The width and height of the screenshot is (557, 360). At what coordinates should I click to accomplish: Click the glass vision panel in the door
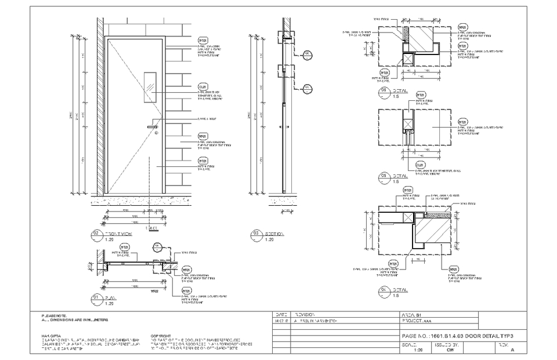[x=150, y=83]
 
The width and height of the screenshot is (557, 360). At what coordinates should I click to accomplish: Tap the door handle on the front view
[x=153, y=126]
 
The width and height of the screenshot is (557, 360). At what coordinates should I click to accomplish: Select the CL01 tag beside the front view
[x=203, y=86]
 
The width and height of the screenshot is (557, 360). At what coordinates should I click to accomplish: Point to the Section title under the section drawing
[x=274, y=234]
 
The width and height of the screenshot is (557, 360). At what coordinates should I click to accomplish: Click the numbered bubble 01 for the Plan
[x=96, y=298]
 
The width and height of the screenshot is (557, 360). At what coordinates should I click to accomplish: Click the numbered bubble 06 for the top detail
[x=383, y=92]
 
